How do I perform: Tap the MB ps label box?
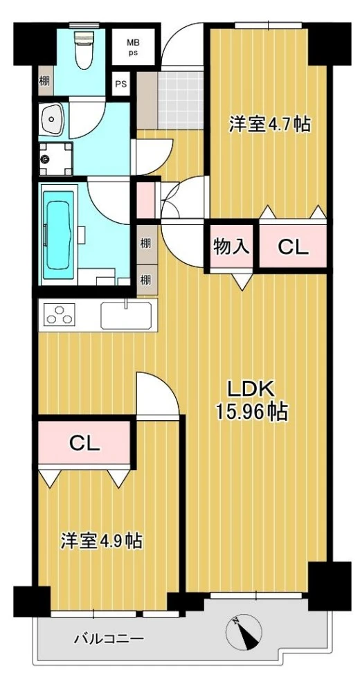132,47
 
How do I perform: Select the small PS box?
121,85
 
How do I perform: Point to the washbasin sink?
52,120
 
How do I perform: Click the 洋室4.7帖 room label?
269,125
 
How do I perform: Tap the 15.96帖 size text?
251,413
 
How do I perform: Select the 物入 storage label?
231,246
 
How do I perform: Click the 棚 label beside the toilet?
44,80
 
